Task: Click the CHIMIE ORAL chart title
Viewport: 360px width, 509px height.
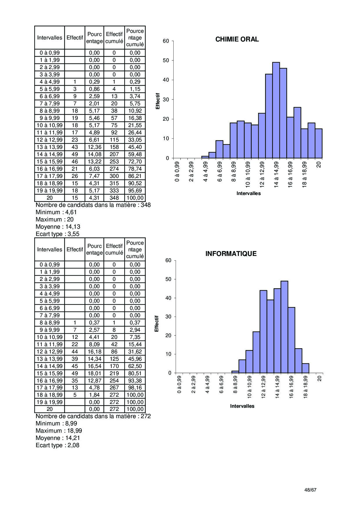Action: coord(237,39)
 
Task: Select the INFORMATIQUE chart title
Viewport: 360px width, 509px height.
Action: coord(231,254)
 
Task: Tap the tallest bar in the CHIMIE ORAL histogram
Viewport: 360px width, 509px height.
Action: coord(276,110)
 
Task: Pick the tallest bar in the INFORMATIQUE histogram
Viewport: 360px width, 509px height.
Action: coord(285,327)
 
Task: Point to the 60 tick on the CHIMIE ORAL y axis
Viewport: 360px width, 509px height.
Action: coord(166,41)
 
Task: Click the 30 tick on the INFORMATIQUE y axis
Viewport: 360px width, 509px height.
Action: coord(168,317)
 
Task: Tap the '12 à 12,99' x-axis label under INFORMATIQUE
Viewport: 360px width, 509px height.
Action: coord(263,387)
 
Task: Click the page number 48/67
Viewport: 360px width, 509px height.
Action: coord(310,490)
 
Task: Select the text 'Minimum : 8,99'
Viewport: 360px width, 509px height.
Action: coord(56,423)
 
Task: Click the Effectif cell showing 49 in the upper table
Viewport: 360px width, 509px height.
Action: coord(75,154)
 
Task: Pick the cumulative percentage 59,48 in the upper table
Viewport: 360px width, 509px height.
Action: coord(135,154)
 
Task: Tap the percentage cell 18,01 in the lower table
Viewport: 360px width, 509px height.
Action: coord(94,373)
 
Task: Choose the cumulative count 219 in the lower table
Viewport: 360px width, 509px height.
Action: coord(114,373)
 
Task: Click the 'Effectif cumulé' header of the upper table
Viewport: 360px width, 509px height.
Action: coord(114,38)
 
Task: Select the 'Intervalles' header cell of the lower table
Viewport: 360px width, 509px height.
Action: coord(50,250)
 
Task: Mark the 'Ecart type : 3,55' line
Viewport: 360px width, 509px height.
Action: coord(57,234)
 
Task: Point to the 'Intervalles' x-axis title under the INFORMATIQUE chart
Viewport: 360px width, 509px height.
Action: coord(242,406)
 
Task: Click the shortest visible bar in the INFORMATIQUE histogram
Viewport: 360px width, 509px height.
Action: coord(235,372)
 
